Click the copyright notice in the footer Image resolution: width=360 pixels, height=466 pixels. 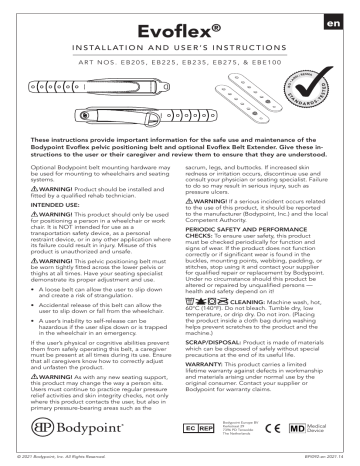pyautogui.click(x=70, y=459)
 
